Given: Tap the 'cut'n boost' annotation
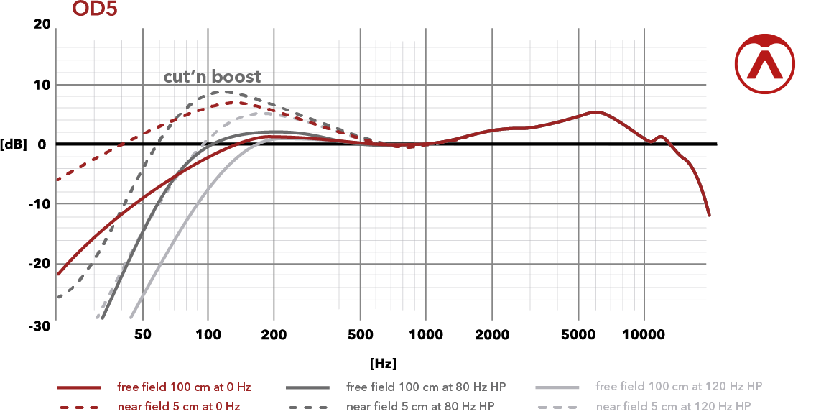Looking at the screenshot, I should [212, 76].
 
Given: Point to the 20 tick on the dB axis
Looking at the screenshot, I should [42, 24].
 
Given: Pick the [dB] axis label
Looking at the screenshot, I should [14, 144].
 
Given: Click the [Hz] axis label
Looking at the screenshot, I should [383, 363].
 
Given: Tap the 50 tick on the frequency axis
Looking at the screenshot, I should [142, 335].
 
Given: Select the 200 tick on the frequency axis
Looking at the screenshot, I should [274, 335].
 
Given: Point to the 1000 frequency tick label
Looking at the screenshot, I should [425, 335].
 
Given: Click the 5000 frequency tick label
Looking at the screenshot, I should [578, 335].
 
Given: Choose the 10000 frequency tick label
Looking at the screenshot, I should [644, 335].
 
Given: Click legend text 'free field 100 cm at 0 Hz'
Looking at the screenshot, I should [184, 387].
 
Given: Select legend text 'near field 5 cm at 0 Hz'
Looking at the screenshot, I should [179, 407].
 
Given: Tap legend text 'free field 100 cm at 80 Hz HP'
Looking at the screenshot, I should [426, 387].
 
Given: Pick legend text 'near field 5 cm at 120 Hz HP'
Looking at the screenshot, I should [674, 407].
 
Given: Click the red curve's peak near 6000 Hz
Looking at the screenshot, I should [595, 112].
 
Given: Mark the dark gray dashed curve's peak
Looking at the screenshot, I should [215, 93].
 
